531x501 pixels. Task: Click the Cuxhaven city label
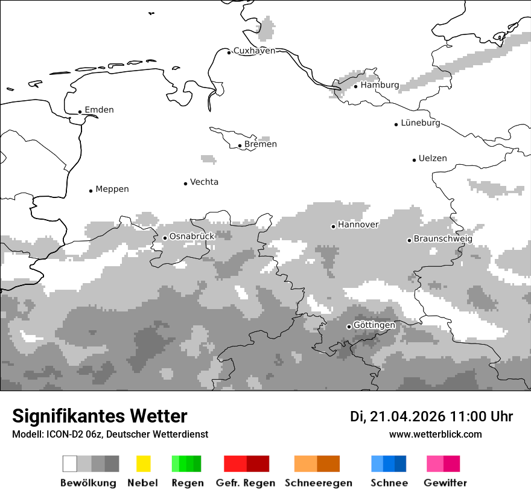coord(254,51)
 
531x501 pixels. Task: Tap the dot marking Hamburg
coord(355,86)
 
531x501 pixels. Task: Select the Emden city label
coord(99,110)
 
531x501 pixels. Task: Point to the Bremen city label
coord(261,144)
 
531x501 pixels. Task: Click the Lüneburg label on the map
coord(421,123)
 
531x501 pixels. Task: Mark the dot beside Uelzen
coord(414,160)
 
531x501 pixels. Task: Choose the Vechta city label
coord(204,182)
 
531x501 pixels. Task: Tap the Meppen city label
coord(112,189)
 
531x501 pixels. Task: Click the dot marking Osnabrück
coord(165,238)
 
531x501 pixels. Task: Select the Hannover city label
coord(358,225)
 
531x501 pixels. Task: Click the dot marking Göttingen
coord(349,327)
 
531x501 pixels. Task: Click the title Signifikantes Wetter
coord(100,416)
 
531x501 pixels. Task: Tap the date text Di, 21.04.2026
coord(397,416)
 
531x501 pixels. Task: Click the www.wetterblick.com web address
coord(435,434)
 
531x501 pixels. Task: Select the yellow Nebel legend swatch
coord(143,464)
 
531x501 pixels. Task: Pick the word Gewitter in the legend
coord(445,483)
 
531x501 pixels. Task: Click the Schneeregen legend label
coord(318,483)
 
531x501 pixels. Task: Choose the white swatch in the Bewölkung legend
coord(70,464)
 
